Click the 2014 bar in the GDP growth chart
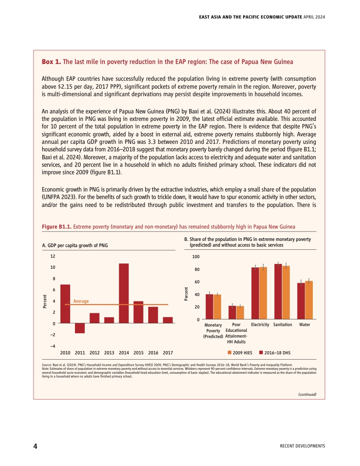click(x=124, y=293)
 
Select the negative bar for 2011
click(x=80, y=328)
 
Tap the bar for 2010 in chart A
click(x=65, y=304)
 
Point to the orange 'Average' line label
click(x=81, y=301)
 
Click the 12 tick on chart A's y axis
click(x=52, y=256)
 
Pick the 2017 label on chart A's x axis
click(x=168, y=353)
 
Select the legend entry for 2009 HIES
click(x=240, y=353)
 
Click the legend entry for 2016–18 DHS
click(x=274, y=353)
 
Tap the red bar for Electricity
click(x=255, y=293)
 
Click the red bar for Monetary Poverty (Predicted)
click(x=210, y=307)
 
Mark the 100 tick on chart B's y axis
click(x=196, y=256)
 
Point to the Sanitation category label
click(x=283, y=325)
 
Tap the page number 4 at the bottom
click(x=35, y=446)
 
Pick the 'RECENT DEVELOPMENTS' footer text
click(x=302, y=446)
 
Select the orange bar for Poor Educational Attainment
click(x=240, y=312)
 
